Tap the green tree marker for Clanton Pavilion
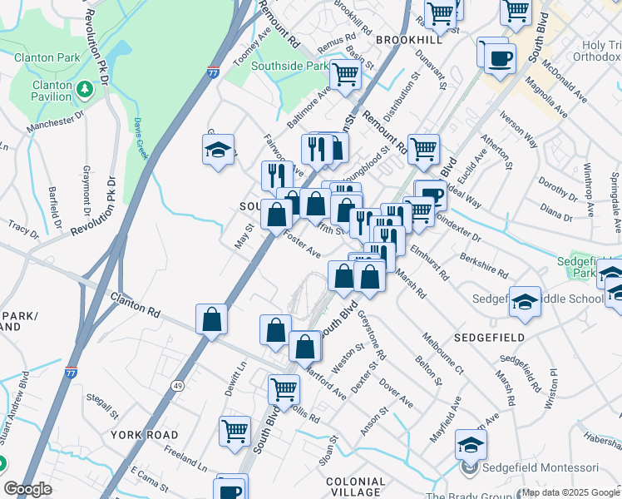coord(84,88)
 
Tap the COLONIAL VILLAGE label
coord(356,487)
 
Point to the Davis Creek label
coord(139,132)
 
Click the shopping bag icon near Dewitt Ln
coord(212,319)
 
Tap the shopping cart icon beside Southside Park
coord(344,75)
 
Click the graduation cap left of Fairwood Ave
coord(218,150)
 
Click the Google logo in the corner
coord(27,489)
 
